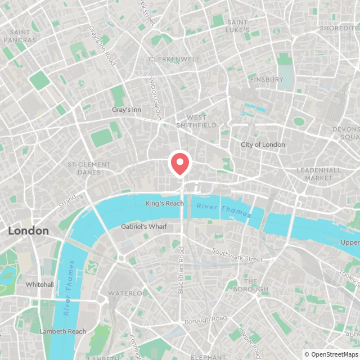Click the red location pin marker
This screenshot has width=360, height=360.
[179, 163]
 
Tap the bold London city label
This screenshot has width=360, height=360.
[28, 231]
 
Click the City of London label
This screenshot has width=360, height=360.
[263, 145]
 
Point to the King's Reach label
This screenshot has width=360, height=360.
[164, 203]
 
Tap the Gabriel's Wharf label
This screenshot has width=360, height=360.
[143, 227]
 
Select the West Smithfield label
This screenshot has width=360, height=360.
[196, 121]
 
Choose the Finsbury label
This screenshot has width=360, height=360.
[267, 79]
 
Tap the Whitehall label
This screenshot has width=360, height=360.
[39, 285]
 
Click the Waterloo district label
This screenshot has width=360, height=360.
[128, 294]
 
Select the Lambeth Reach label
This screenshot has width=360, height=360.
[63, 331]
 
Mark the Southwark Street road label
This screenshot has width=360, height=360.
[237, 255]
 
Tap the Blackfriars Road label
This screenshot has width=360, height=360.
[181, 270]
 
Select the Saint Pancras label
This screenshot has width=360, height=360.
[20, 36]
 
